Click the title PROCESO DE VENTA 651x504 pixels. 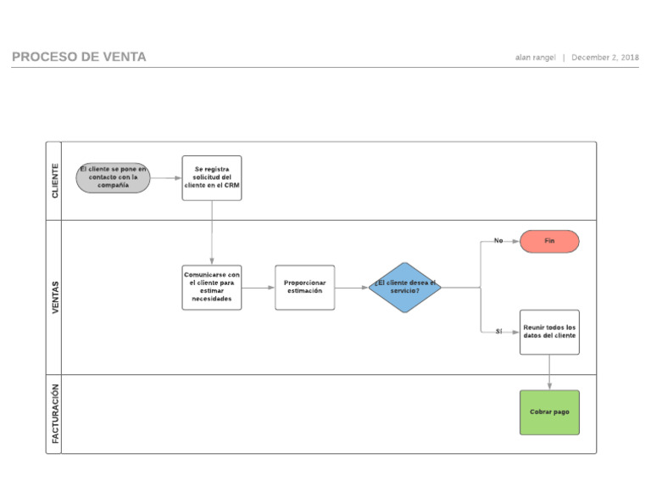[79, 57]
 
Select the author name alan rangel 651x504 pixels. [535, 58]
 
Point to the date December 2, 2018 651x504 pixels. [604, 58]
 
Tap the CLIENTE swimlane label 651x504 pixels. [55, 181]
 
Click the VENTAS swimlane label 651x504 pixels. [55, 297]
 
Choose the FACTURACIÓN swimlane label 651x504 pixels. [55, 413]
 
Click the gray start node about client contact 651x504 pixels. [113, 177]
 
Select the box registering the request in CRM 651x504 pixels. [211, 177]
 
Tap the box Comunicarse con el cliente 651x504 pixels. [211, 288]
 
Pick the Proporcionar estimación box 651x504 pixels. [304, 288]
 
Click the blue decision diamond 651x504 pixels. [405, 288]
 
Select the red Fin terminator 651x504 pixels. [549, 241]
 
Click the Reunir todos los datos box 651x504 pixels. [549, 332]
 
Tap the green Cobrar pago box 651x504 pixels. [549, 412]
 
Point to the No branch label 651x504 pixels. [498, 241]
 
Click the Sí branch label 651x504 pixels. [498, 332]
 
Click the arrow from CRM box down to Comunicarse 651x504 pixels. [212, 233]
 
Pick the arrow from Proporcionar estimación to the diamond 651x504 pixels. [352, 288]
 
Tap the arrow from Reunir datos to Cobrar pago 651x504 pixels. [549, 372]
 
